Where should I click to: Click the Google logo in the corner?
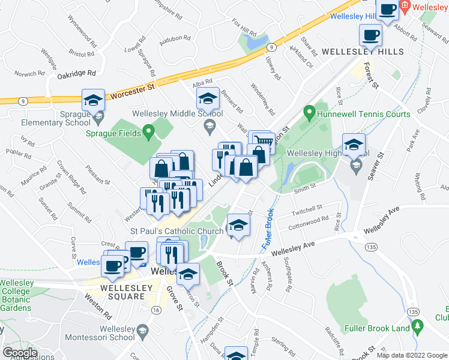(19, 353)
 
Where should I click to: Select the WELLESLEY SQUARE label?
(117, 287)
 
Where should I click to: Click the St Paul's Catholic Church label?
(176, 230)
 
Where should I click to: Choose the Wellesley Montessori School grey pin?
(143, 329)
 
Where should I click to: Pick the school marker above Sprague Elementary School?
(93, 100)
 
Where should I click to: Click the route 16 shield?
(156, 310)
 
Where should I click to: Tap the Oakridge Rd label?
(77, 73)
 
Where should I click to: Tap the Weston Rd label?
(98, 305)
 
